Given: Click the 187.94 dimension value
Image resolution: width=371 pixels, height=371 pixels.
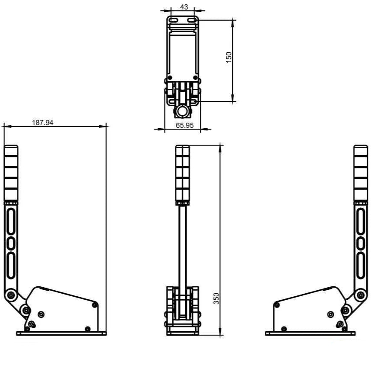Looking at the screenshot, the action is coord(43,123).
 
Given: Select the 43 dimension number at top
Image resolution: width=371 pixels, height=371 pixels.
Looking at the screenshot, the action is coord(184,7).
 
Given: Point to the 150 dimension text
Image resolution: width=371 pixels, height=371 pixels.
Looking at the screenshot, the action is coord(228,57).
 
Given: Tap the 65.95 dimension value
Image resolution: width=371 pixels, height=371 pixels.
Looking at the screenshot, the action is coord(184,125).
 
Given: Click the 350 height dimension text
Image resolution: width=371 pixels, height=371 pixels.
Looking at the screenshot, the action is coord(216,298).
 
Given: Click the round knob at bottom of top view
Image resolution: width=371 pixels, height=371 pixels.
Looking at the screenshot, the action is coord(182,111).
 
